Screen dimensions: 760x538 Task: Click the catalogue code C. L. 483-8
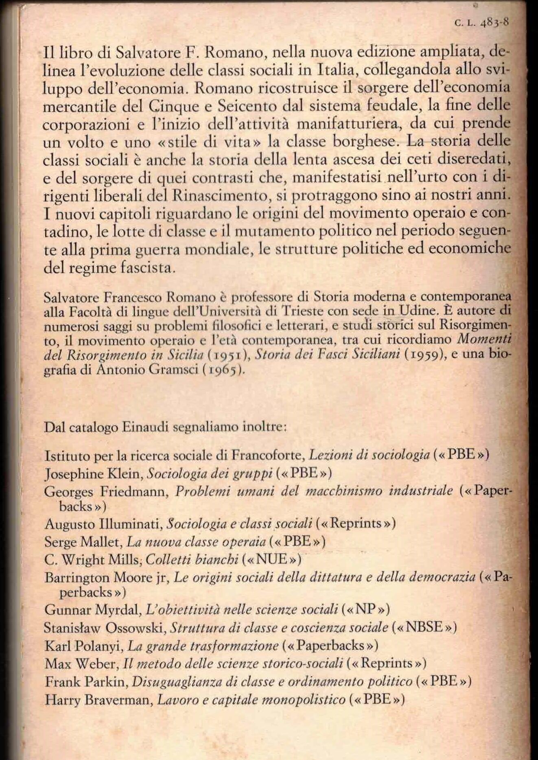click(x=482, y=23)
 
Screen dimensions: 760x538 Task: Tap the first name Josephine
click(x=74, y=473)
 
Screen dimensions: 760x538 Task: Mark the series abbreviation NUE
click(x=271, y=560)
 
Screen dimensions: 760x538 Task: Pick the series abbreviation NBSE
click(x=424, y=627)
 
